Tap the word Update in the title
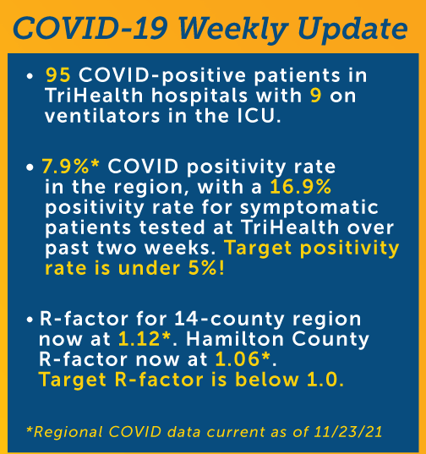[352, 30]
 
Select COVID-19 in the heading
[90, 29]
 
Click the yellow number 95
[57, 75]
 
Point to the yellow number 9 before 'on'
[316, 96]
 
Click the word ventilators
[102, 116]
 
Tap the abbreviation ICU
[255, 116]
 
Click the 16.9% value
[300, 187]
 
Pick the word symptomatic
[309, 208]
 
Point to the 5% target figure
[202, 268]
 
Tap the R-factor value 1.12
[139, 339]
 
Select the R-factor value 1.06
[238, 359]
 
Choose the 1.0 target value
[322, 380]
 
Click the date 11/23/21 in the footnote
[348, 432]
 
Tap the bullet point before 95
[30, 76]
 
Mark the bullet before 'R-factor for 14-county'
[30, 320]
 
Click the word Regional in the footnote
[68, 432]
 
